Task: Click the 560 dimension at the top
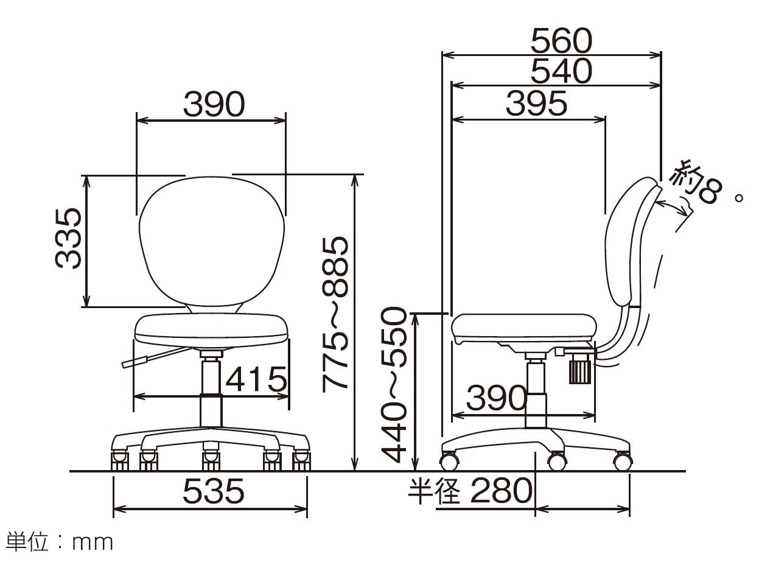[561, 41]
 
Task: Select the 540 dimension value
[561, 71]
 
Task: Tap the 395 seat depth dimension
[536, 103]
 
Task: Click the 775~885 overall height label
[335, 314]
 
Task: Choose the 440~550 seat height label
[394, 385]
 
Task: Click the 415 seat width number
[256, 379]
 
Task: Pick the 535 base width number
[214, 491]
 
